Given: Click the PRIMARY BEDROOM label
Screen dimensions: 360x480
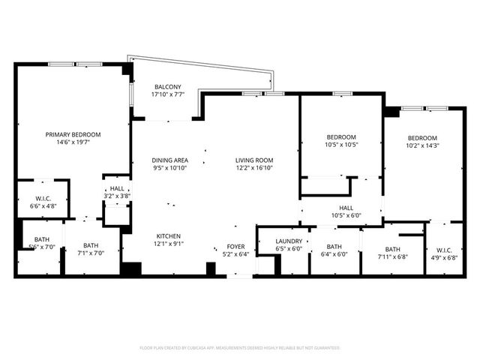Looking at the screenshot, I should [73, 134].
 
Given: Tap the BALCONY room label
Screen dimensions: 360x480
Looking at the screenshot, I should [166, 86].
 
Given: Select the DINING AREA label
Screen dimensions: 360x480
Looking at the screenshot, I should [169, 160].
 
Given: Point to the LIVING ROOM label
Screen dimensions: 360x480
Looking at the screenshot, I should [253, 160].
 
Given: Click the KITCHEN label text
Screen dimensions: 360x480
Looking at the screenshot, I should [169, 235].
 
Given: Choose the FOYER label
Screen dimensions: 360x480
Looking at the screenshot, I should [235, 246].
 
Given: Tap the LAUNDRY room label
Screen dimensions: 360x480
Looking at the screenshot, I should [289, 240].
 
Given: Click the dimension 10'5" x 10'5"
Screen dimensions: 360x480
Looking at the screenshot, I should [340, 145].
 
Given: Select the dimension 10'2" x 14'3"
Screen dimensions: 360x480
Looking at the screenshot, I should [422, 145].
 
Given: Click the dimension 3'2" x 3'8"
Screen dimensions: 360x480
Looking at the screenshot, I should [117, 196].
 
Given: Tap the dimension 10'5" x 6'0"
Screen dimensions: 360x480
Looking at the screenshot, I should [346, 215].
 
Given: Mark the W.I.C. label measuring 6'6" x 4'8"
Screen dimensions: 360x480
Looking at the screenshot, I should [42, 198].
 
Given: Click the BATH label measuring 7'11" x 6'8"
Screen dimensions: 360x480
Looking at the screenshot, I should [392, 250].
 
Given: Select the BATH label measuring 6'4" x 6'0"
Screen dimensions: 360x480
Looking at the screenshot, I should [334, 246].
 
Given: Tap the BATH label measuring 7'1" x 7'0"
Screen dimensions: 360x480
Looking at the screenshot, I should [90, 244].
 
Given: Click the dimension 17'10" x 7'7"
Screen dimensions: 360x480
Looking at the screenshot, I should [166, 94].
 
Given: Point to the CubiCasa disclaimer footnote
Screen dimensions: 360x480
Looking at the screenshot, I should [240, 348].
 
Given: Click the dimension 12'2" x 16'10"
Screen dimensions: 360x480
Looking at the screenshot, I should [253, 168].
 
